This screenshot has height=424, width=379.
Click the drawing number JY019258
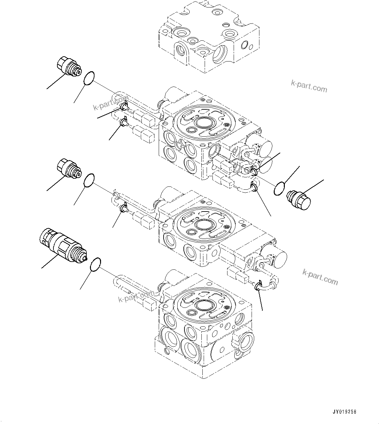pyautogui.click(x=345, y=412)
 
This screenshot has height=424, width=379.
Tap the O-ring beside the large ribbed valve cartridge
pyautogui.click(x=95, y=264)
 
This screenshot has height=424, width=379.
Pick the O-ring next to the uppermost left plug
pyautogui.click(x=89, y=78)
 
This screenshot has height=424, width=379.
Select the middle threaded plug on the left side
pyautogui.click(x=68, y=169)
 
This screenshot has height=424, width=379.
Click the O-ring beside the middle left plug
pyautogui.click(x=89, y=180)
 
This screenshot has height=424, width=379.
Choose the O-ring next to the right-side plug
pyautogui.click(x=279, y=189)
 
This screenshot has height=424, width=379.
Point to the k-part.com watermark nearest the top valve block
pyautogui.click(x=309, y=86)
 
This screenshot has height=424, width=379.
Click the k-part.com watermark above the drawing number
pyautogui.click(x=320, y=277)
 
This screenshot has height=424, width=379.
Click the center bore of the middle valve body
pyautogui.click(x=203, y=224)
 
